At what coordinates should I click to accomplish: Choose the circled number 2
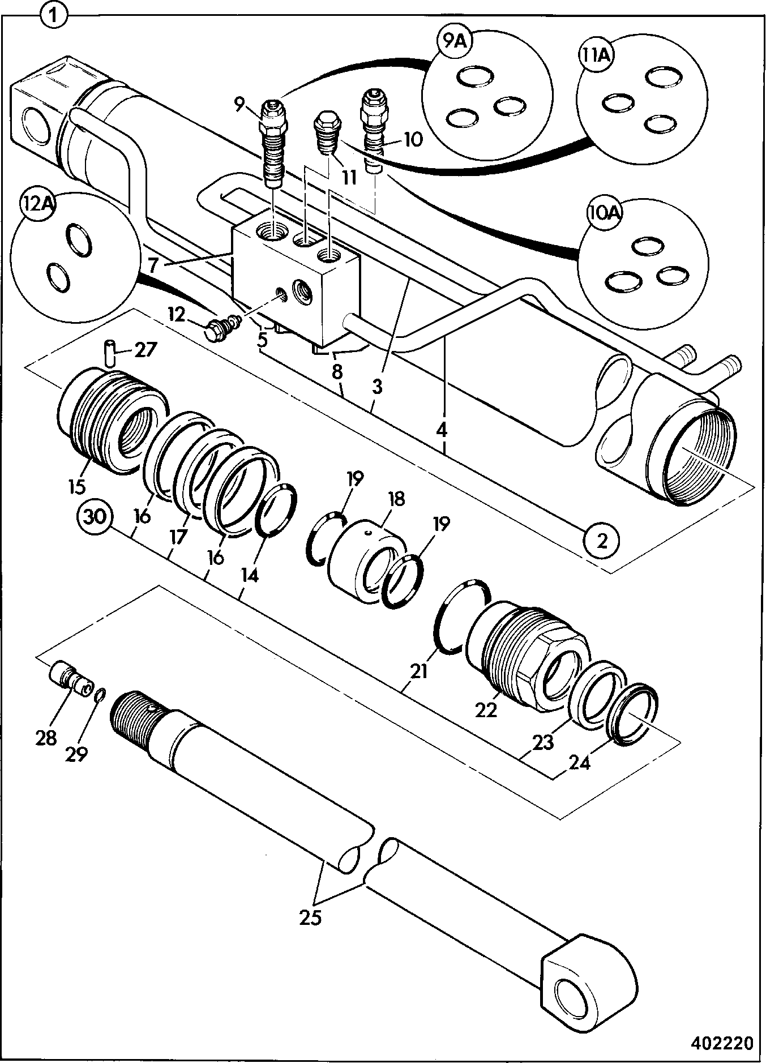pos(602,541)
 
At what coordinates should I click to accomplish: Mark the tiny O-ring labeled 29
pos(99,695)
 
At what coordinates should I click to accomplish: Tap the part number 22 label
pos(486,709)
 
